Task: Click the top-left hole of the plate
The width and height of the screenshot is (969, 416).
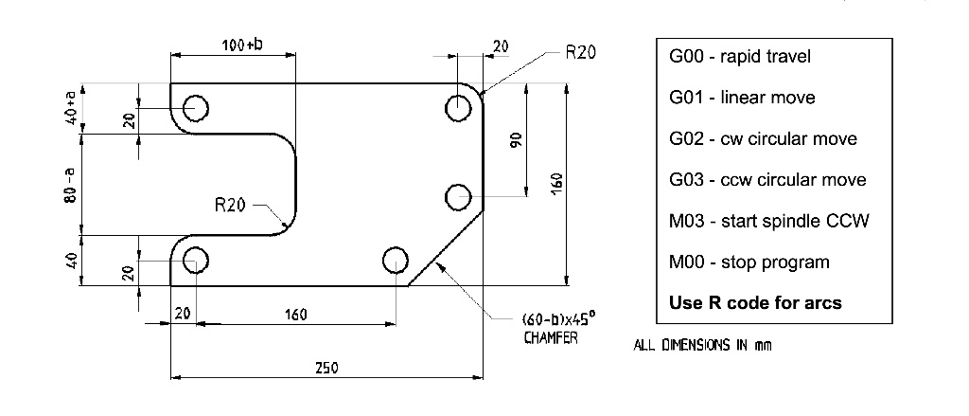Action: pos(196,108)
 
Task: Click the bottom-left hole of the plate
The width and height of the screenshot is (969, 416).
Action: pos(196,259)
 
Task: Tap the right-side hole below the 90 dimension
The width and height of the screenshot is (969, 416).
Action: pos(459,197)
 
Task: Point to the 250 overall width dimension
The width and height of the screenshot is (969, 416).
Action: pos(326,368)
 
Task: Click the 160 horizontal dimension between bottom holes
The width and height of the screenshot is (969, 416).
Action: pos(295,314)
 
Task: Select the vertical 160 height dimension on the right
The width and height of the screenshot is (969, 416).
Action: pos(556,183)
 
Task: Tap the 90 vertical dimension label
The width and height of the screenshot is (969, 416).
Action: pos(517,139)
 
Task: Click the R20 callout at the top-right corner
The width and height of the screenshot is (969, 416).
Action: pos(580,53)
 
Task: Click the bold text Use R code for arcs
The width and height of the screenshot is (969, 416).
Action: pos(755,303)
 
